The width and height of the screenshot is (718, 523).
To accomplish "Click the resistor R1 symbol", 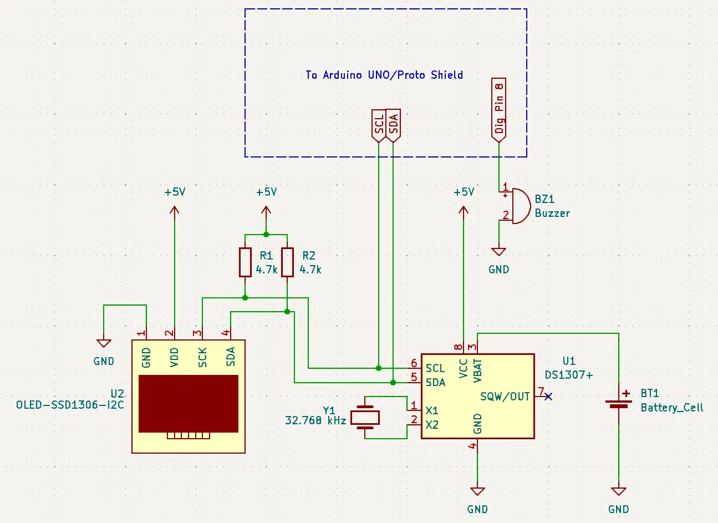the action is (x=245, y=262).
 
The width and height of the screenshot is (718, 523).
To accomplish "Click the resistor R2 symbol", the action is (x=287, y=262).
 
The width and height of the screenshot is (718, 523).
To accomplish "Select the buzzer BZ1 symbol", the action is (x=517, y=206).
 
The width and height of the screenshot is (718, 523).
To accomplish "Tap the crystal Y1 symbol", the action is (x=365, y=418).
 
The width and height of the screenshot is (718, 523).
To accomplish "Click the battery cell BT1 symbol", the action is (x=619, y=404).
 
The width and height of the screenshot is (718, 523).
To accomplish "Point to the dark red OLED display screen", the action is (x=189, y=404).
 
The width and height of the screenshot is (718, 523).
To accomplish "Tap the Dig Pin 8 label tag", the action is (x=499, y=110).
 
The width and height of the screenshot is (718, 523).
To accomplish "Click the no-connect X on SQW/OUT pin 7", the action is (x=548, y=397).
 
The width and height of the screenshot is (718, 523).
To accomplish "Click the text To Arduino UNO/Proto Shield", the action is (x=384, y=75).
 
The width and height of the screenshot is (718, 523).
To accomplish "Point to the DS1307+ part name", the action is (x=569, y=374).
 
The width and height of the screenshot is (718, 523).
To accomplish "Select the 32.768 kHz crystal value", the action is (x=315, y=420).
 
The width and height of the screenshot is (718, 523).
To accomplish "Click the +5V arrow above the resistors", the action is (x=266, y=214).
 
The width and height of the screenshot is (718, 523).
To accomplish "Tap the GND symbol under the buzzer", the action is (x=499, y=252).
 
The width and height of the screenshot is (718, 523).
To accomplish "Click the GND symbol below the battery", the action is (x=619, y=491).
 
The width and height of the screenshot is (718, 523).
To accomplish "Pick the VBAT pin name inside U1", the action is (x=477, y=371).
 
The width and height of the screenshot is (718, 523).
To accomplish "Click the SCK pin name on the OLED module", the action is (x=202, y=357).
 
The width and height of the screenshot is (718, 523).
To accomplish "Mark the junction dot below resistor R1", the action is (x=245, y=298).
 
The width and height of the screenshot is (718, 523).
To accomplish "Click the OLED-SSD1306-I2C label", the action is (x=70, y=405).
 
